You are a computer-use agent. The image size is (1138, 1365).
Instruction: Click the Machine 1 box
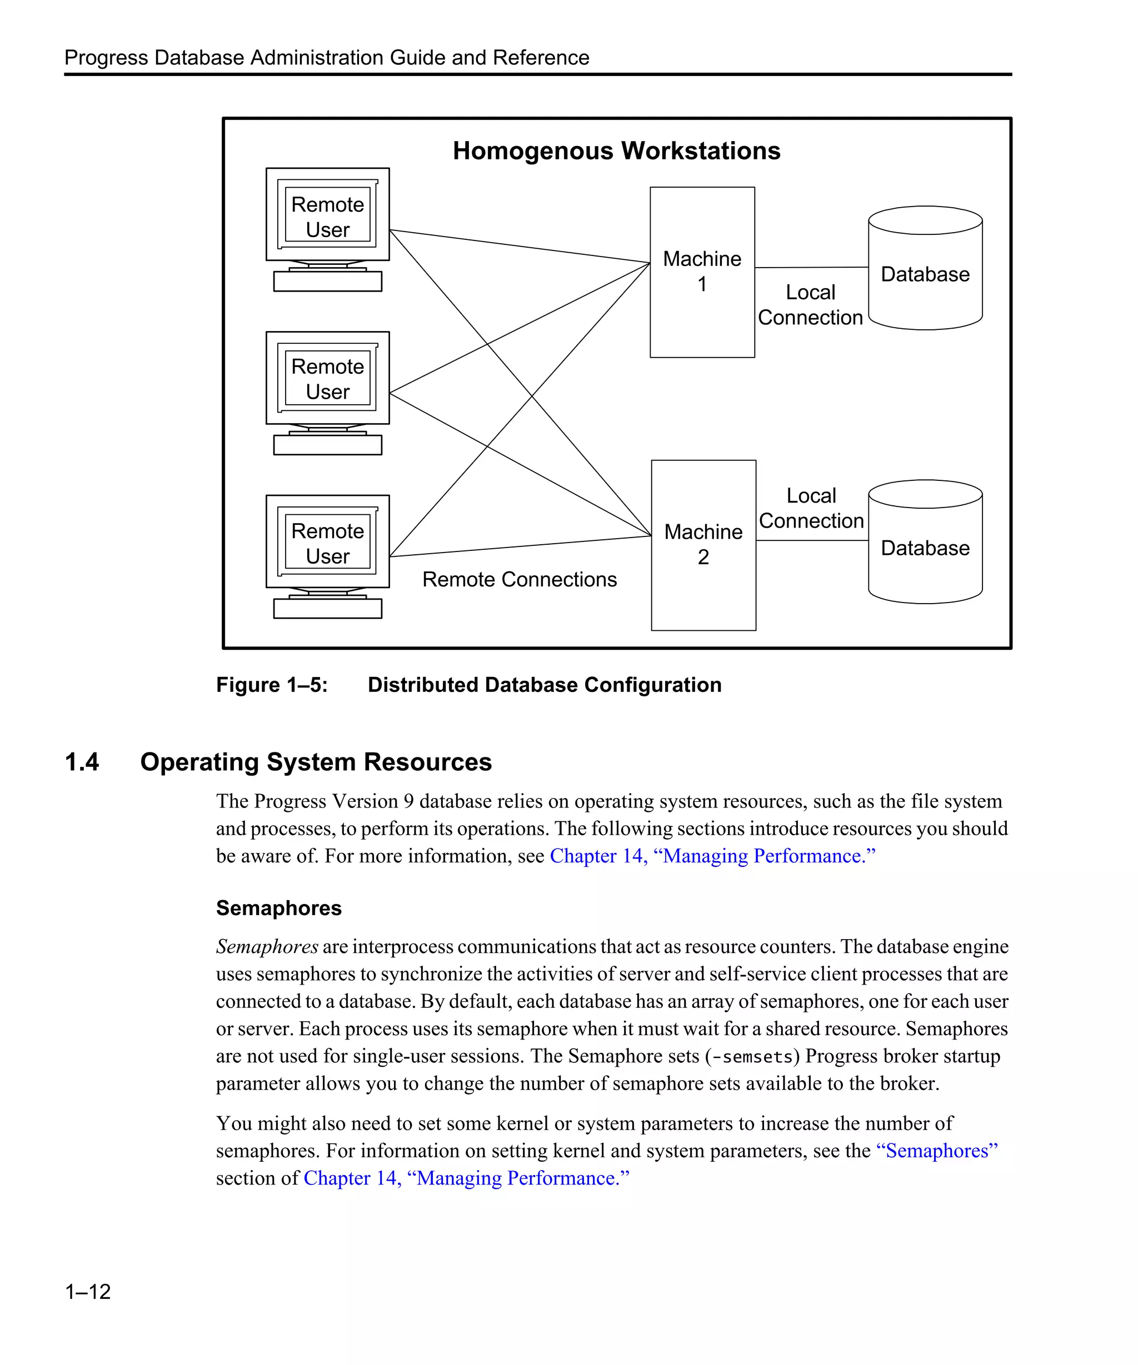702,312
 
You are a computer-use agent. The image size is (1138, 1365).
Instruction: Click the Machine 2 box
703,585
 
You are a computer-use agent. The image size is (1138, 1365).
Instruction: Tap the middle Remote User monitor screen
327,378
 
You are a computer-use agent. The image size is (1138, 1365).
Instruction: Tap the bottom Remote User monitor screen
327,543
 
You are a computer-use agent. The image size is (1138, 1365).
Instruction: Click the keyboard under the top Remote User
327,282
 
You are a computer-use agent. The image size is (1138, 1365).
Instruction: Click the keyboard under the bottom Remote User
327,609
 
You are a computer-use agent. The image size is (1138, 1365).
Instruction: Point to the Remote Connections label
519,579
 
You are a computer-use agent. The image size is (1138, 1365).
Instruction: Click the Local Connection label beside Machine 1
810,305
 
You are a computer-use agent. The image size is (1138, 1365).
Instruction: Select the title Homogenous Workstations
616,151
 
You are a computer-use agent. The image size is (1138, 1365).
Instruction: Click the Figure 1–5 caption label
272,685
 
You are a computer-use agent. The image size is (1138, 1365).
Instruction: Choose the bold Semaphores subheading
278,907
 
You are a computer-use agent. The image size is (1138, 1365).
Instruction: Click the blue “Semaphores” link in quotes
936,1151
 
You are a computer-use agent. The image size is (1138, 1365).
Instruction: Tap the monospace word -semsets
752,1057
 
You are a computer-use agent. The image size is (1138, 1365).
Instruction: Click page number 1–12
88,1291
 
